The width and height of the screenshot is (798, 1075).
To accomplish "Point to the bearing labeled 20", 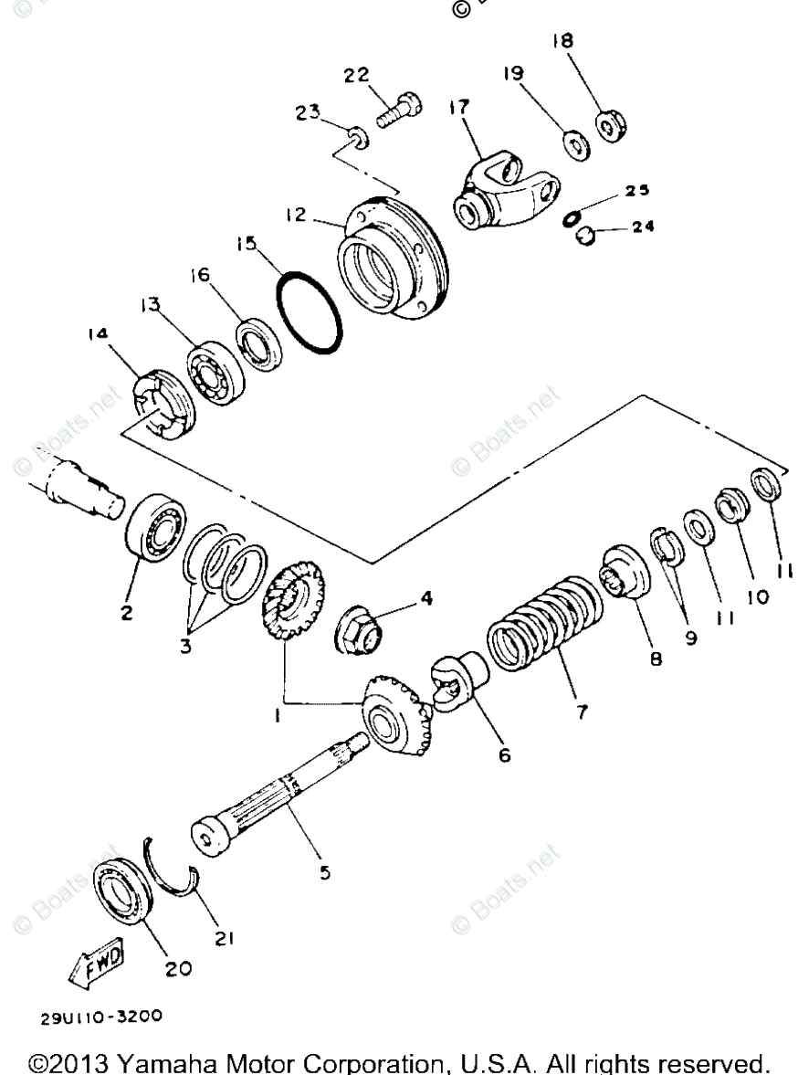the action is coord(125,890).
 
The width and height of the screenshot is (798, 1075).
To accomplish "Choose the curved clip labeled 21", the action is coord(173,868).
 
